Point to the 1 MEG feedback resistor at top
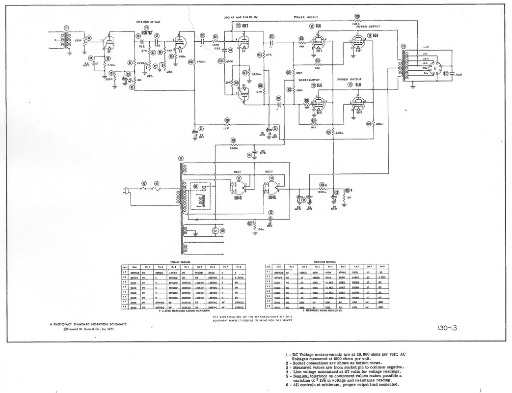coord(357,23)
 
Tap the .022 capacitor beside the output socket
coord(458,75)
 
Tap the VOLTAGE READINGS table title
coord(180,263)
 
